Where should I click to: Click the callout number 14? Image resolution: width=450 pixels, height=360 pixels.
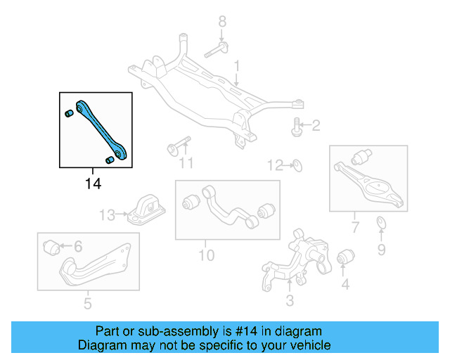[x=93, y=184]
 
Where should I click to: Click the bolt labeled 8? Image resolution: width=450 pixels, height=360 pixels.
[x=217, y=51]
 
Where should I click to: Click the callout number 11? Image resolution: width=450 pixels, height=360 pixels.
[x=185, y=164]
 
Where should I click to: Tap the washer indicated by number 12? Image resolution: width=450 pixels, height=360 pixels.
[x=297, y=166]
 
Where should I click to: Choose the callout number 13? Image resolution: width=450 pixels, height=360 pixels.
[x=107, y=214]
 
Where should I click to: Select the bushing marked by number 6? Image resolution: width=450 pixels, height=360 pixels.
[x=50, y=247]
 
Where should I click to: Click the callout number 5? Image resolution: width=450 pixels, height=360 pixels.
[x=87, y=304]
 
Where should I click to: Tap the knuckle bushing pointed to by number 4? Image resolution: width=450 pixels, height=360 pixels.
[x=345, y=259]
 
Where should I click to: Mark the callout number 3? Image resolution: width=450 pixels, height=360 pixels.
[x=289, y=302]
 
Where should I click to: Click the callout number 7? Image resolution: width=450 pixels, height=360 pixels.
[x=355, y=227]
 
